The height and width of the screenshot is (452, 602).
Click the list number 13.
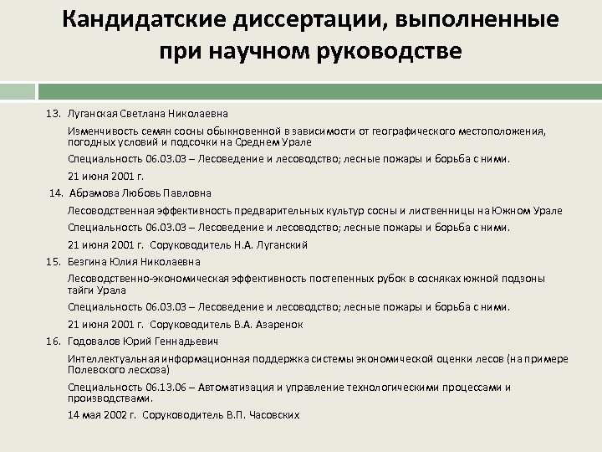[x=54, y=113]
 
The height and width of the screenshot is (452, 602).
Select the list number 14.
[x=56, y=193]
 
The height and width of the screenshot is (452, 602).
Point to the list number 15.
[x=54, y=261]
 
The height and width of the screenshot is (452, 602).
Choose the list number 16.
[x=54, y=342]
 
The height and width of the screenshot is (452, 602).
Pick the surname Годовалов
[x=99, y=342]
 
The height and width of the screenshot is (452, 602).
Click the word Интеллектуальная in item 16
[x=111, y=359]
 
